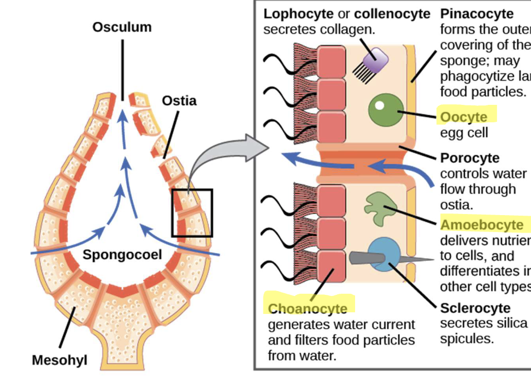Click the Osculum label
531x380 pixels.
coord(122,27)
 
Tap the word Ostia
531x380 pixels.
coord(179,101)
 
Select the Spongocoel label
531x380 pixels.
coord(122,254)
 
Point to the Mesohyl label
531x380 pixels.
coord(60,360)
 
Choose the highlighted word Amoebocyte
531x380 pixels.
coord(481,225)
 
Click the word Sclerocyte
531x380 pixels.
coord(475,308)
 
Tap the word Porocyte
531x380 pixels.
coord(469,158)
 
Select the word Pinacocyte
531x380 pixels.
coord(477,14)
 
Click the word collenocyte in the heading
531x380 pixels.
coord(392,14)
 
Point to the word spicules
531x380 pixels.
coord(467,339)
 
